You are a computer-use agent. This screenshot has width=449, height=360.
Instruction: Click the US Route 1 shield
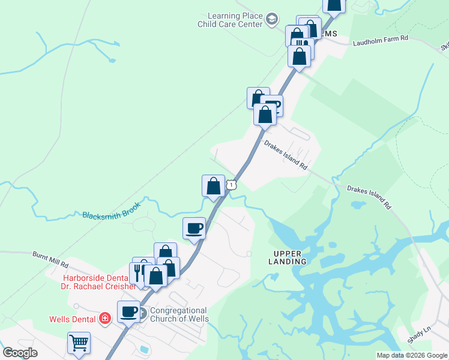[232, 186]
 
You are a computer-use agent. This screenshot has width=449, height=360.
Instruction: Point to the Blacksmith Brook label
[112, 211]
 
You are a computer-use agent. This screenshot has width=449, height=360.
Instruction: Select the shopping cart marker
[79, 343]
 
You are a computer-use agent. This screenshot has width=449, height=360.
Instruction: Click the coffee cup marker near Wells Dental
[128, 312]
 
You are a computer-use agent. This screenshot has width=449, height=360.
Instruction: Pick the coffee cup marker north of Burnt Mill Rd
[194, 229]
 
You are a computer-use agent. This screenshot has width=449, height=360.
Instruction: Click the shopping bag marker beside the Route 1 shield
[213, 185]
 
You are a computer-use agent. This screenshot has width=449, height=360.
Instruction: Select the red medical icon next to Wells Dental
[105, 319]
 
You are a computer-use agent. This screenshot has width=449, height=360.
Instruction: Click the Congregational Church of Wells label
[179, 315]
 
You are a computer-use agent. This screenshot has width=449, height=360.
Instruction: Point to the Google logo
[20, 353]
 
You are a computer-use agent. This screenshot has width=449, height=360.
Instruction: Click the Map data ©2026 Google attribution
[412, 355]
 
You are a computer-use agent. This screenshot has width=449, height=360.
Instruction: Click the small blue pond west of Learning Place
[111, 60]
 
